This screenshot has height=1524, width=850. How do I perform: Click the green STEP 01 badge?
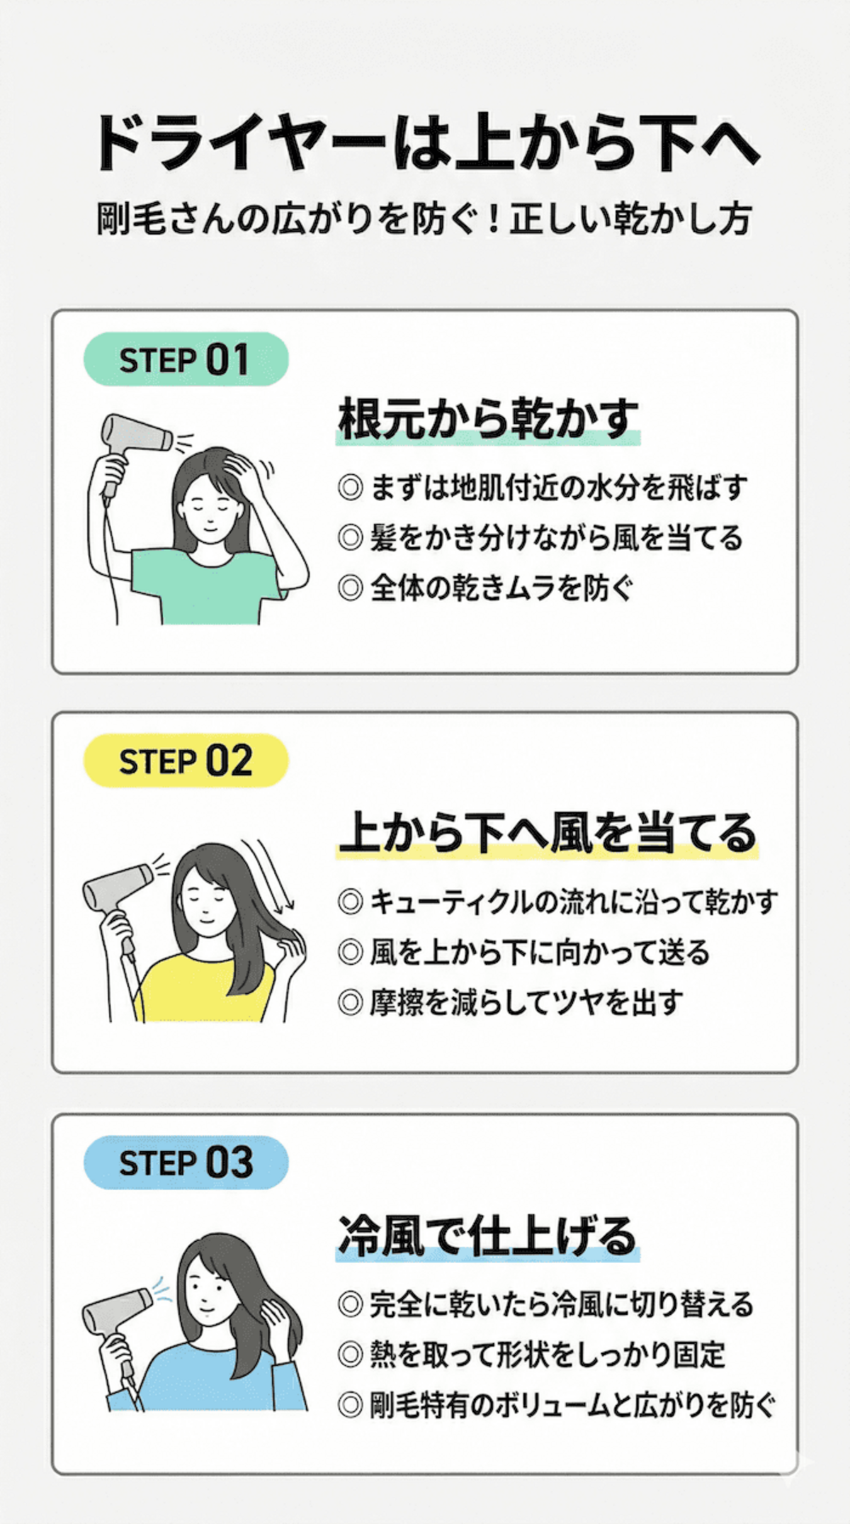click(186, 359)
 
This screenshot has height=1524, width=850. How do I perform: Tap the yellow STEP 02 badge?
click(186, 761)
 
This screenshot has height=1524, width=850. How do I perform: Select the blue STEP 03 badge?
click(186, 1162)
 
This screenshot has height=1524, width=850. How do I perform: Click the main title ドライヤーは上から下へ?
click(425, 142)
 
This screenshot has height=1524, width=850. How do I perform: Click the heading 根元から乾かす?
click(487, 419)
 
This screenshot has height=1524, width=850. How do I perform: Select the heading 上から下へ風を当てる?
click(547, 832)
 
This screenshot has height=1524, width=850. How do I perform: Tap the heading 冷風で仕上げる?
click(487, 1235)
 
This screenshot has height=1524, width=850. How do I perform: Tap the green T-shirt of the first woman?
click(205, 588)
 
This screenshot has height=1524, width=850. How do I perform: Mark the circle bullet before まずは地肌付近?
click(351, 488)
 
